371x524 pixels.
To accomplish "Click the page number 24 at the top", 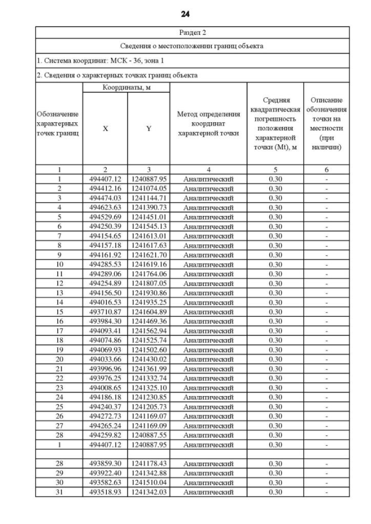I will click(x=185, y=13).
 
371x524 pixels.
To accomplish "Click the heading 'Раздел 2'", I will click(x=192, y=32).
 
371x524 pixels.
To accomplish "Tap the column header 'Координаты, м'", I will click(x=126, y=87).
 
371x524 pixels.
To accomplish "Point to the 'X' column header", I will click(x=105, y=129).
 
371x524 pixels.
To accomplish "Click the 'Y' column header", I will click(x=148, y=129).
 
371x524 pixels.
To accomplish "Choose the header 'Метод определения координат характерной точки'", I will click(x=208, y=123).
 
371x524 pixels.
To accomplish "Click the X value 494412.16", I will click(x=105, y=188).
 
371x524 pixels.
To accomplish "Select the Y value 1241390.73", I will click(x=148, y=207).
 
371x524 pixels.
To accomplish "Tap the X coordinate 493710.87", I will click(x=105, y=312).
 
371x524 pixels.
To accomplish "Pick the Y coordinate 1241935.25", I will click(x=148, y=302).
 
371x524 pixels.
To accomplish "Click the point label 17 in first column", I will click(x=59, y=331).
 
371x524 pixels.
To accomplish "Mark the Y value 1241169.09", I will click(x=148, y=426).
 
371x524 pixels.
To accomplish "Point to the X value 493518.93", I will click(x=105, y=492).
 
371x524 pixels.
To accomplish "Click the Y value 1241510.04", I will click(x=148, y=482).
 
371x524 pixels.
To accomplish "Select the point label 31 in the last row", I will click(x=59, y=492).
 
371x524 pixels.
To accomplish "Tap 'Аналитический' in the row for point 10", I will click(x=208, y=264).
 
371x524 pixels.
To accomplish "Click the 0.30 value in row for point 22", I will click(x=275, y=378).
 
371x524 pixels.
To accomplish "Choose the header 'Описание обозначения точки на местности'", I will click(x=326, y=123).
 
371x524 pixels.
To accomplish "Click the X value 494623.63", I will click(x=105, y=207).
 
